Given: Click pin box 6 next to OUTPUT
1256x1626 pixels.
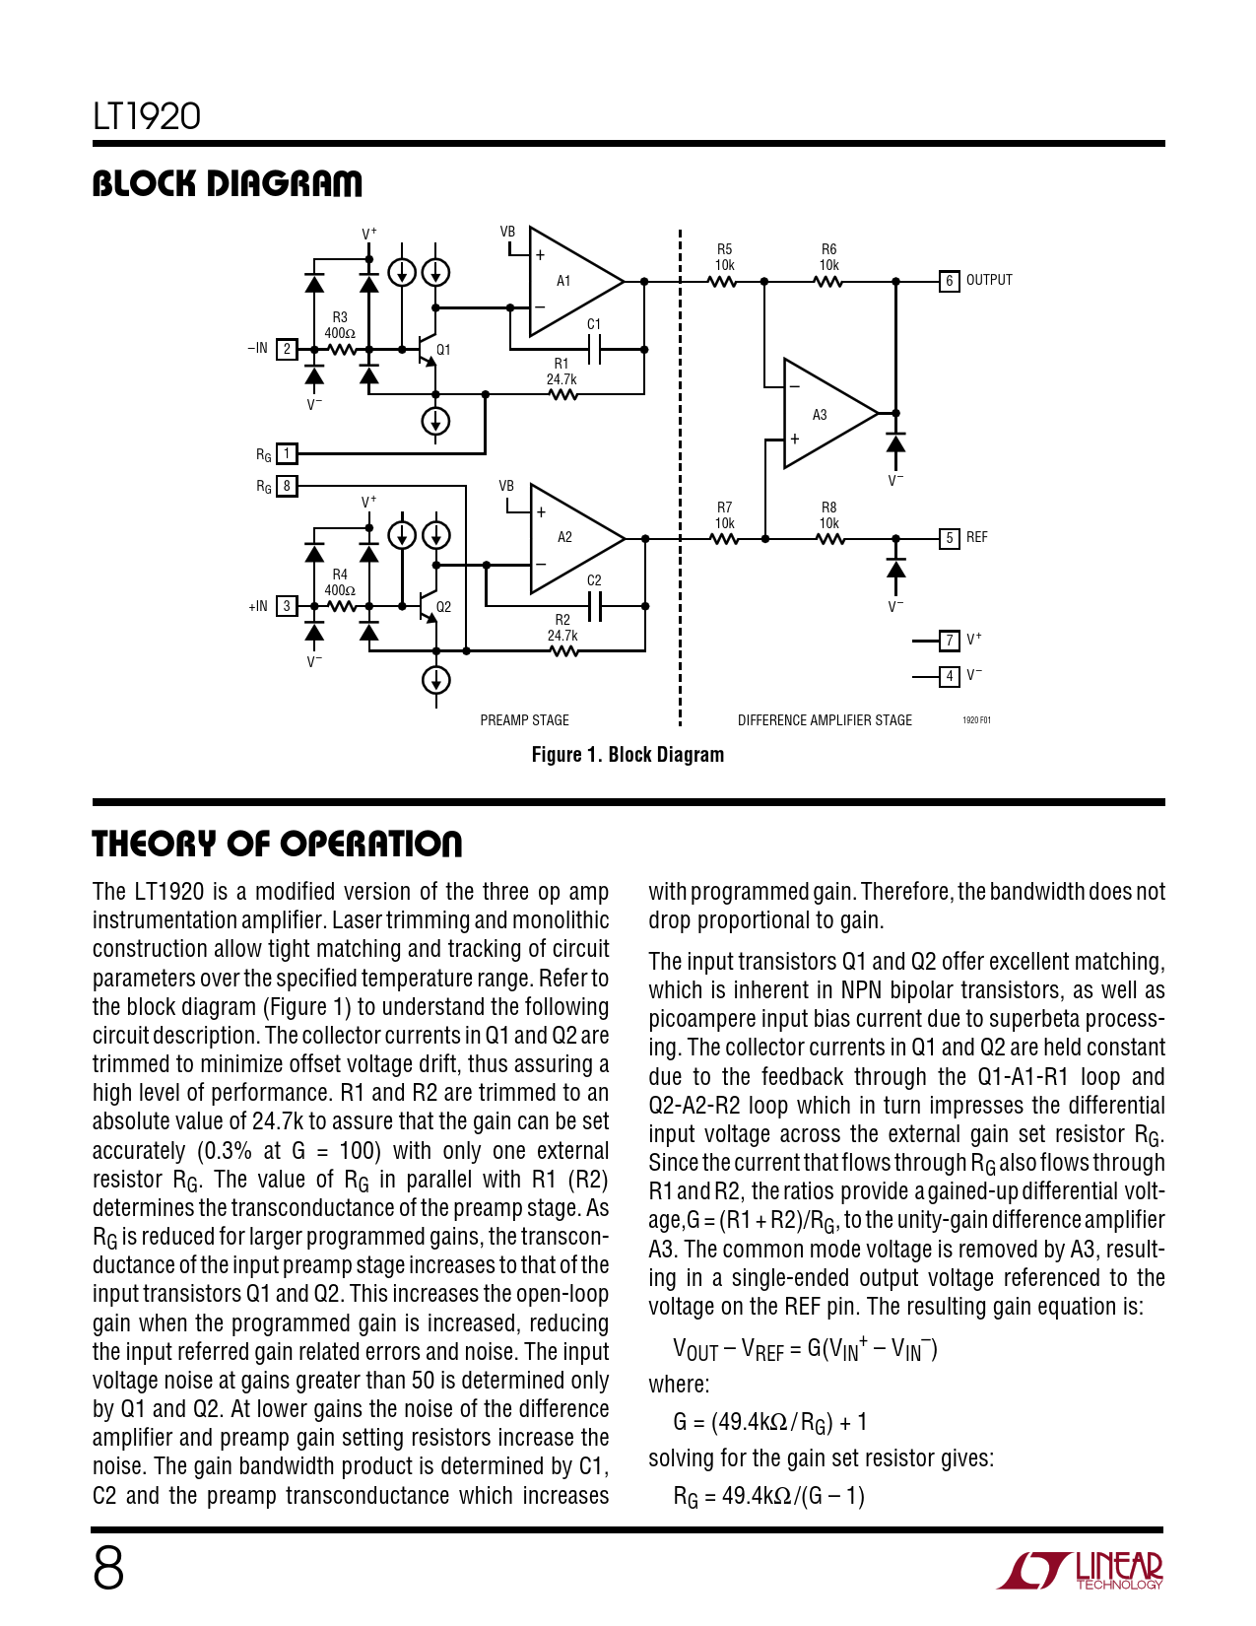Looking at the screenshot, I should [x=949, y=281].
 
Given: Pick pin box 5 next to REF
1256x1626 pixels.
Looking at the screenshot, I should [x=949, y=538].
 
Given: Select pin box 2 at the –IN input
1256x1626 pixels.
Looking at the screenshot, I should [x=287, y=349].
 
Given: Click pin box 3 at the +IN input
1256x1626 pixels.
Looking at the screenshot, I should [x=287, y=606].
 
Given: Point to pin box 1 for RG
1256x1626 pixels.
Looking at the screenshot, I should [x=287, y=453].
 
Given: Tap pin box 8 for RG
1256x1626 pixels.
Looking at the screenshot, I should [x=287, y=486].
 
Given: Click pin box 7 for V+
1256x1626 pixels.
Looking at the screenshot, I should [x=949, y=641].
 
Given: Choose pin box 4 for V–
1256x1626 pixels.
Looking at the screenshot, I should [x=949, y=676].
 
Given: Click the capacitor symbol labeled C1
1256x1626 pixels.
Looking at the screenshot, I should [x=594, y=349].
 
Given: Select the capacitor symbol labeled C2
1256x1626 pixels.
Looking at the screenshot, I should [x=594, y=606].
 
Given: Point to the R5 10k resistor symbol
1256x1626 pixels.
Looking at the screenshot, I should [x=723, y=282].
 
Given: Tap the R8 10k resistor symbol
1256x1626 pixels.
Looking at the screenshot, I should [x=829, y=539].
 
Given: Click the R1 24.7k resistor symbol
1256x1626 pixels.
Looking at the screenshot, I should [x=562, y=395].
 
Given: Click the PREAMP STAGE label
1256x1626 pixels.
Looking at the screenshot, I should [x=524, y=720].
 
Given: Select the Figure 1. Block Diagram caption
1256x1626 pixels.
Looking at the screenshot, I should [x=628, y=755].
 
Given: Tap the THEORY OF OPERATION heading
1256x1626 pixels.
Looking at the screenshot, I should [x=277, y=845].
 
